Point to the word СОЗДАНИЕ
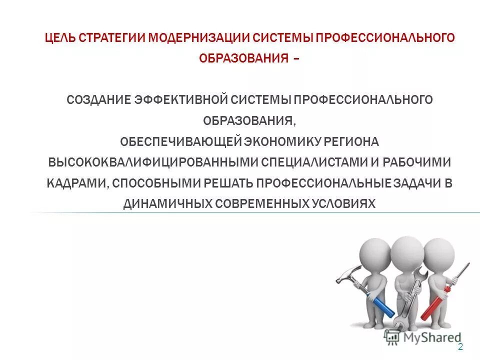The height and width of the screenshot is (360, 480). coord(98,99)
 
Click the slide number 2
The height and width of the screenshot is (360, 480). coord(460,347)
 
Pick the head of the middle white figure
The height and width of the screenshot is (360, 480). coord(407,253)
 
